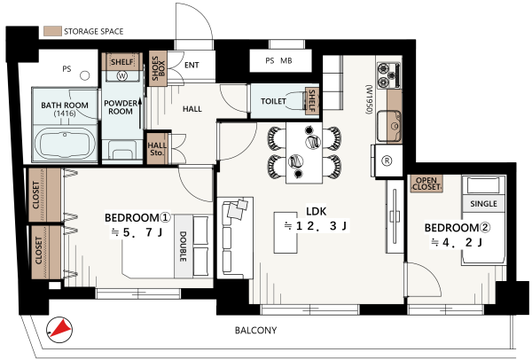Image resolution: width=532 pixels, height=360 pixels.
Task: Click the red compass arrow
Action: [x=62, y=328]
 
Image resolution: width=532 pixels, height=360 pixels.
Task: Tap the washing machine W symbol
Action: [x=121, y=75]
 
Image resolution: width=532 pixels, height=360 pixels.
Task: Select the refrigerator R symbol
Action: [x=387, y=160]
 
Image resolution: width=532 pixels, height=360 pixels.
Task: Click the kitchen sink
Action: [x=389, y=126]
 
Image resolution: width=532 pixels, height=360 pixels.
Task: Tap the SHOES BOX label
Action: [x=158, y=68]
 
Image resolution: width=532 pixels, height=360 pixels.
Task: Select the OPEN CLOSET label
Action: [x=426, y=184]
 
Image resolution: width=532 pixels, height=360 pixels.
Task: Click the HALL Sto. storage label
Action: [x=157, y=149]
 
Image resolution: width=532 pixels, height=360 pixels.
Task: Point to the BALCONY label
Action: [x=256, y=330]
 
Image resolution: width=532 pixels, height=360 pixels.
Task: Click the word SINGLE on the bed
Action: [x=483, y=204]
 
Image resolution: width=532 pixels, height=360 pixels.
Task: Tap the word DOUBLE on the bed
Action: [x=183, y=247]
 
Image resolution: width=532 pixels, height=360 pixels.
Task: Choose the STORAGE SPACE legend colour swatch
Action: [x=52, y=31]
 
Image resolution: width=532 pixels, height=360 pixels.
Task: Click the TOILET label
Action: [x=273, y=101]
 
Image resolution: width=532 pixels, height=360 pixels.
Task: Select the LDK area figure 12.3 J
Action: [x=316, y=225]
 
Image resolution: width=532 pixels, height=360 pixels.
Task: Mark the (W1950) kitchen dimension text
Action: [x=369, y=99]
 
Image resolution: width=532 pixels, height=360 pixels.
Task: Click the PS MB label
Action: [x=278, y=60]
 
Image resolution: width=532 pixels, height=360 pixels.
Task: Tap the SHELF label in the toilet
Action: [x=312, y=101]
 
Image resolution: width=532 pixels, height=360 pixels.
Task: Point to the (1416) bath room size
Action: [x=65, y=113]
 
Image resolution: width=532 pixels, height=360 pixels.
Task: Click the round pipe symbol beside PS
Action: [x=85, y=75]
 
